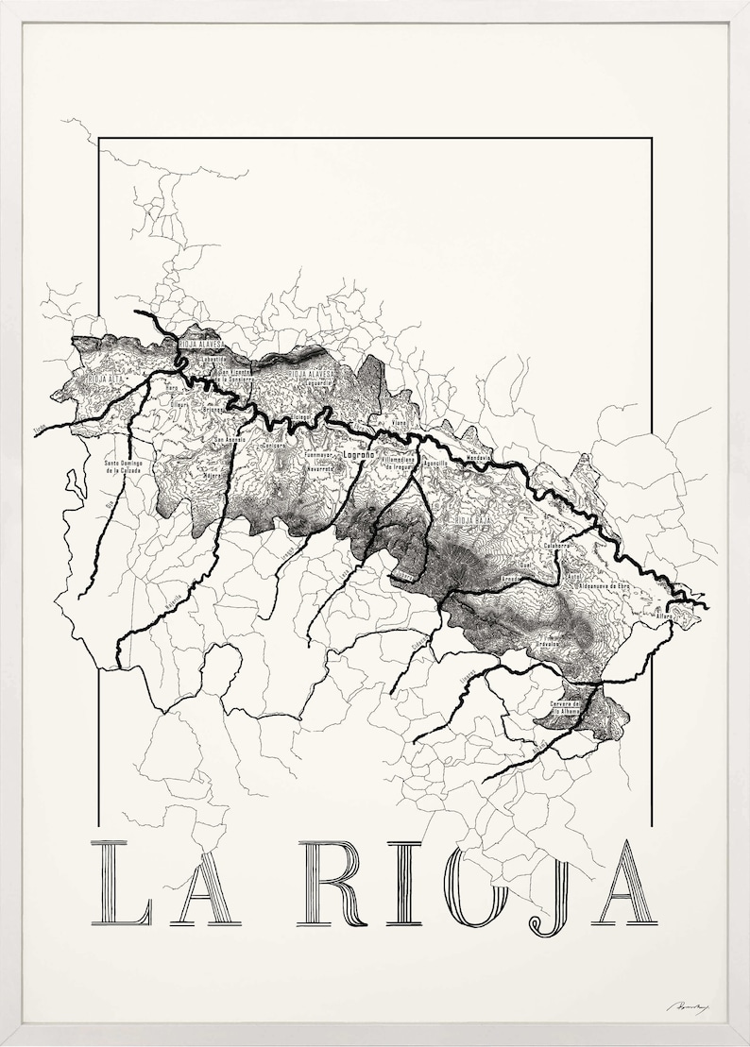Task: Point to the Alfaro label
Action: (x=665, y=616)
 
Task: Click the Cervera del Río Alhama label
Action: (x=563, y=708)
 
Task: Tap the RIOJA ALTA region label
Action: (x=102, y=380)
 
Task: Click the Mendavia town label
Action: (x=479, y=458)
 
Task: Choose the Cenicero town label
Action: (x=273, y=446)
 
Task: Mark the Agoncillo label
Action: (x=435, y=464)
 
